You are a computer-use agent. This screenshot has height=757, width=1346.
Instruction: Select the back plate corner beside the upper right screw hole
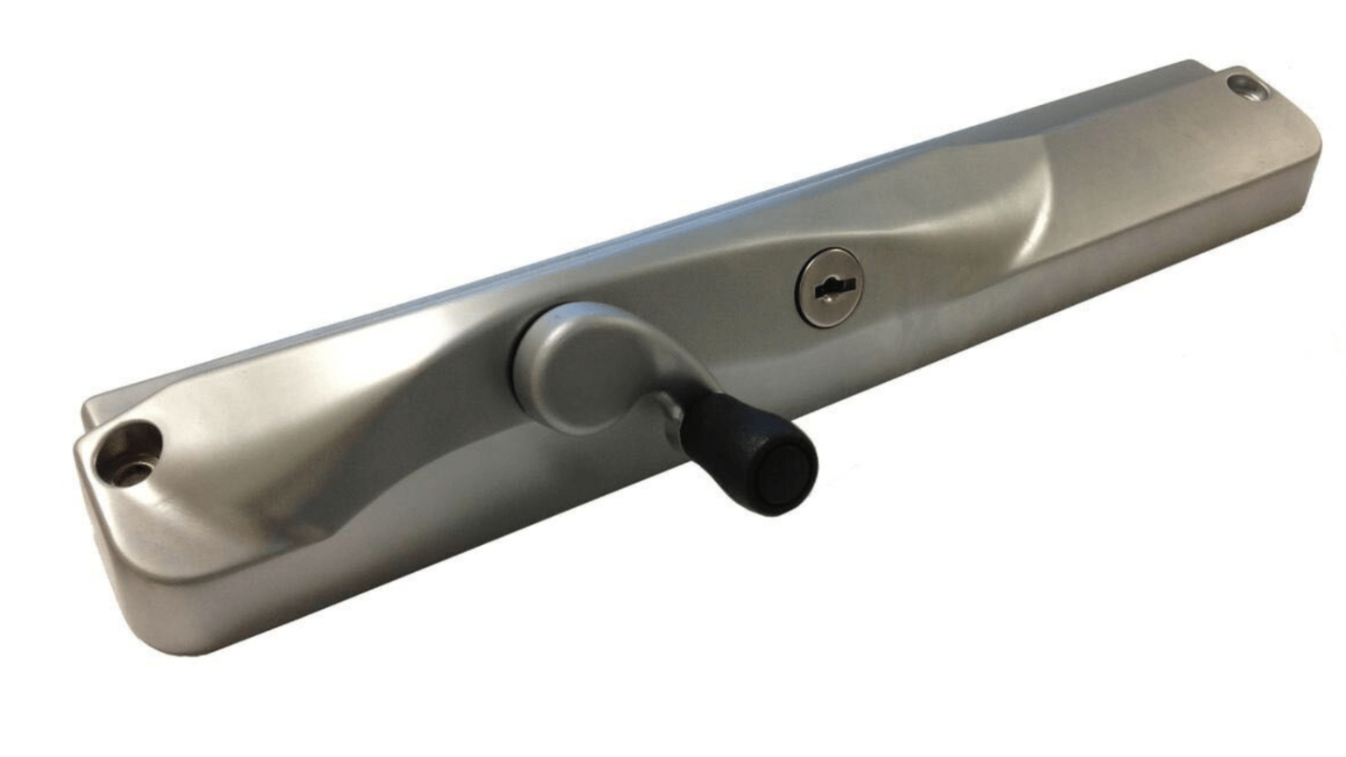click(x=1262, y=75)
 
